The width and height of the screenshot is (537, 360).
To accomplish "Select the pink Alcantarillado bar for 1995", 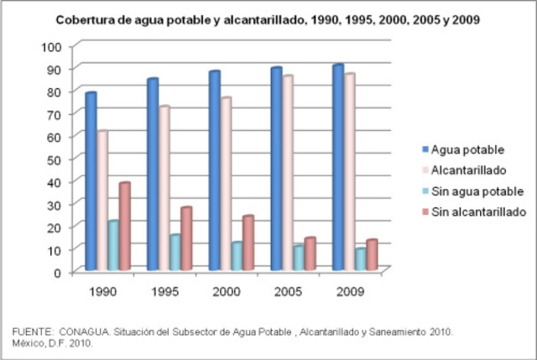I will click(x=164, y=188).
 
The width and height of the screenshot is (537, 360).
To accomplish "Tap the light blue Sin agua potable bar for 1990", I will click(x=113, y=245).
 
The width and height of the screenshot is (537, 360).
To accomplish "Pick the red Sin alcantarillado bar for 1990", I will click(x=125, y=226).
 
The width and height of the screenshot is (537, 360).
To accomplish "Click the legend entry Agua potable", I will click(x=462, y=150).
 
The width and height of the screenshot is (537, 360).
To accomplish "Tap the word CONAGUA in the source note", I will click(x=82, y=332).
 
